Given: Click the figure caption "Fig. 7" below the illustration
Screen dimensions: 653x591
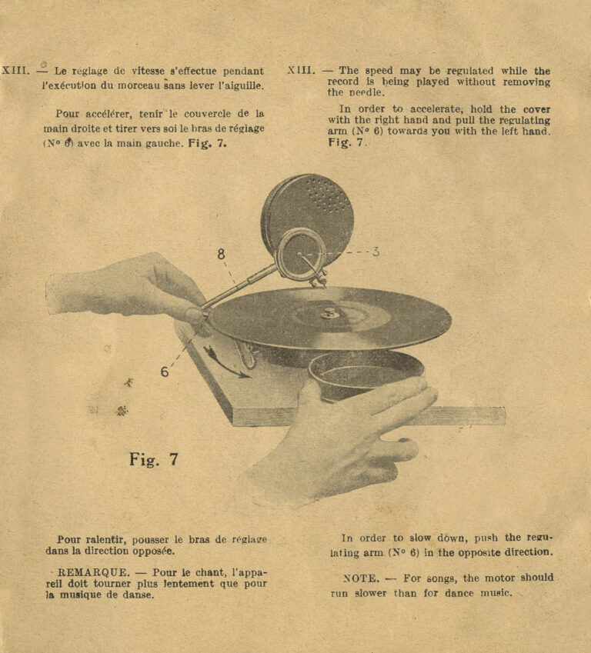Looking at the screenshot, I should pyautogui.click(x=154, y=460).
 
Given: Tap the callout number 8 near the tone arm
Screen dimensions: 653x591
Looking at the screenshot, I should pyautogui.click(x=222, y=254).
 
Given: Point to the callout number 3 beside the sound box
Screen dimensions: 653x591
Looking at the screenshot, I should pyautogui.click(x=376, y=252).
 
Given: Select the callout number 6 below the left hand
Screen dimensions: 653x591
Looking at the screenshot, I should pyautogui.click(x=165, y=371).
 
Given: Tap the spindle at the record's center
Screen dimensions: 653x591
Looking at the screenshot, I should pyautogui.click(x=329, y=312).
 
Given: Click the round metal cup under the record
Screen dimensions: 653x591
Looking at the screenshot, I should pyautogui.click(x=366, y=375).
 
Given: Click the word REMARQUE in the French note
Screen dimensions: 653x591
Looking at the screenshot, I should pyautogui.click(x=88, y=573).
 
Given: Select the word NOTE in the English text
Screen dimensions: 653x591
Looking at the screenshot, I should pyautogui.click(x=359, y=578).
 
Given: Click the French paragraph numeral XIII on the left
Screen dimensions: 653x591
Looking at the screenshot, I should pyautogui.click(x=15, y=71).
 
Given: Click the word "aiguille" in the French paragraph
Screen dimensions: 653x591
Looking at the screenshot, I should pyautogui.click(x=243, y=85).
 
